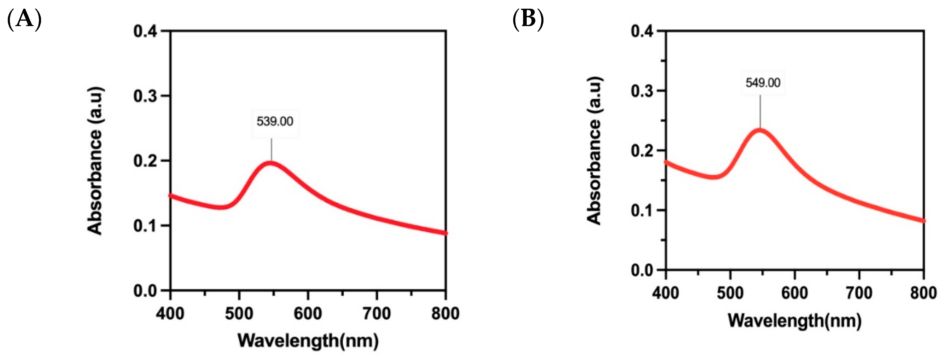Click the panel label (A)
pos(24,19)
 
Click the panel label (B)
pos(528,19)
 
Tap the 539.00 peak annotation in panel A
pos(275,122)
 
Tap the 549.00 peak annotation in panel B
pos(762,83)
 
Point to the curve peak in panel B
pos(759,131)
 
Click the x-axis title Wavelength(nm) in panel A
pos(308,341)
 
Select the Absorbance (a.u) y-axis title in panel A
pos(95,161)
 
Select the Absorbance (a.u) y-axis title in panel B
pos(594,150)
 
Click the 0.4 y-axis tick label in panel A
pos(146,31)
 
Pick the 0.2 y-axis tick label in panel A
pos(146,161)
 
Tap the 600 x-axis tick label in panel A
pos(308,314)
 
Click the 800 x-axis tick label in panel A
pos(445,314)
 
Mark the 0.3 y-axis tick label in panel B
pos(642,91)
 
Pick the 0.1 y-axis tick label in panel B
pos(642,211)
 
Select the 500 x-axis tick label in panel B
pos(730,293)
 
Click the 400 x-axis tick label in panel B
pos(665,293)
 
